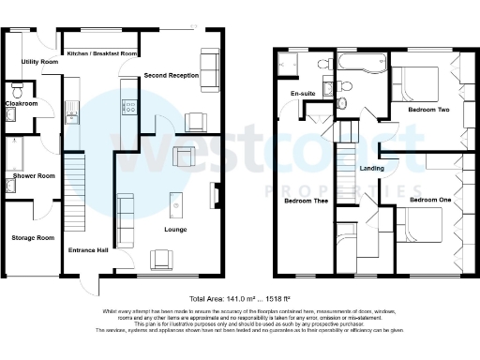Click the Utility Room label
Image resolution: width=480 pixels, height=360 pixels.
(x=40, y=62)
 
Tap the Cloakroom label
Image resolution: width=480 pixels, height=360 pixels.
(x=21, y=103)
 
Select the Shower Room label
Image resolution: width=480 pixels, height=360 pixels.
(x=35, y=175)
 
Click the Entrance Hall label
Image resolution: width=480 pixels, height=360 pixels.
(x=88, y=251)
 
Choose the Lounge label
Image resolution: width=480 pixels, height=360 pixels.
(x=175, y=229)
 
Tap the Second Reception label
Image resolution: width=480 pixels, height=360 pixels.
(x=170, y=73)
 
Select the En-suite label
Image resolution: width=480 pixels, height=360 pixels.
(x=302, y=95)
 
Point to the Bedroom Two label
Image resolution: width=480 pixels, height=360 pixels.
(x=428, y=110)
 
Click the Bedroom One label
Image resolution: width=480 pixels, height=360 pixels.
(x=431, y=201)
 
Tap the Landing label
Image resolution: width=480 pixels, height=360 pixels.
(x=374, y=168)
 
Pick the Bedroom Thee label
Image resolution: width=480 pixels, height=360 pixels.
(x=306, y=201)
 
